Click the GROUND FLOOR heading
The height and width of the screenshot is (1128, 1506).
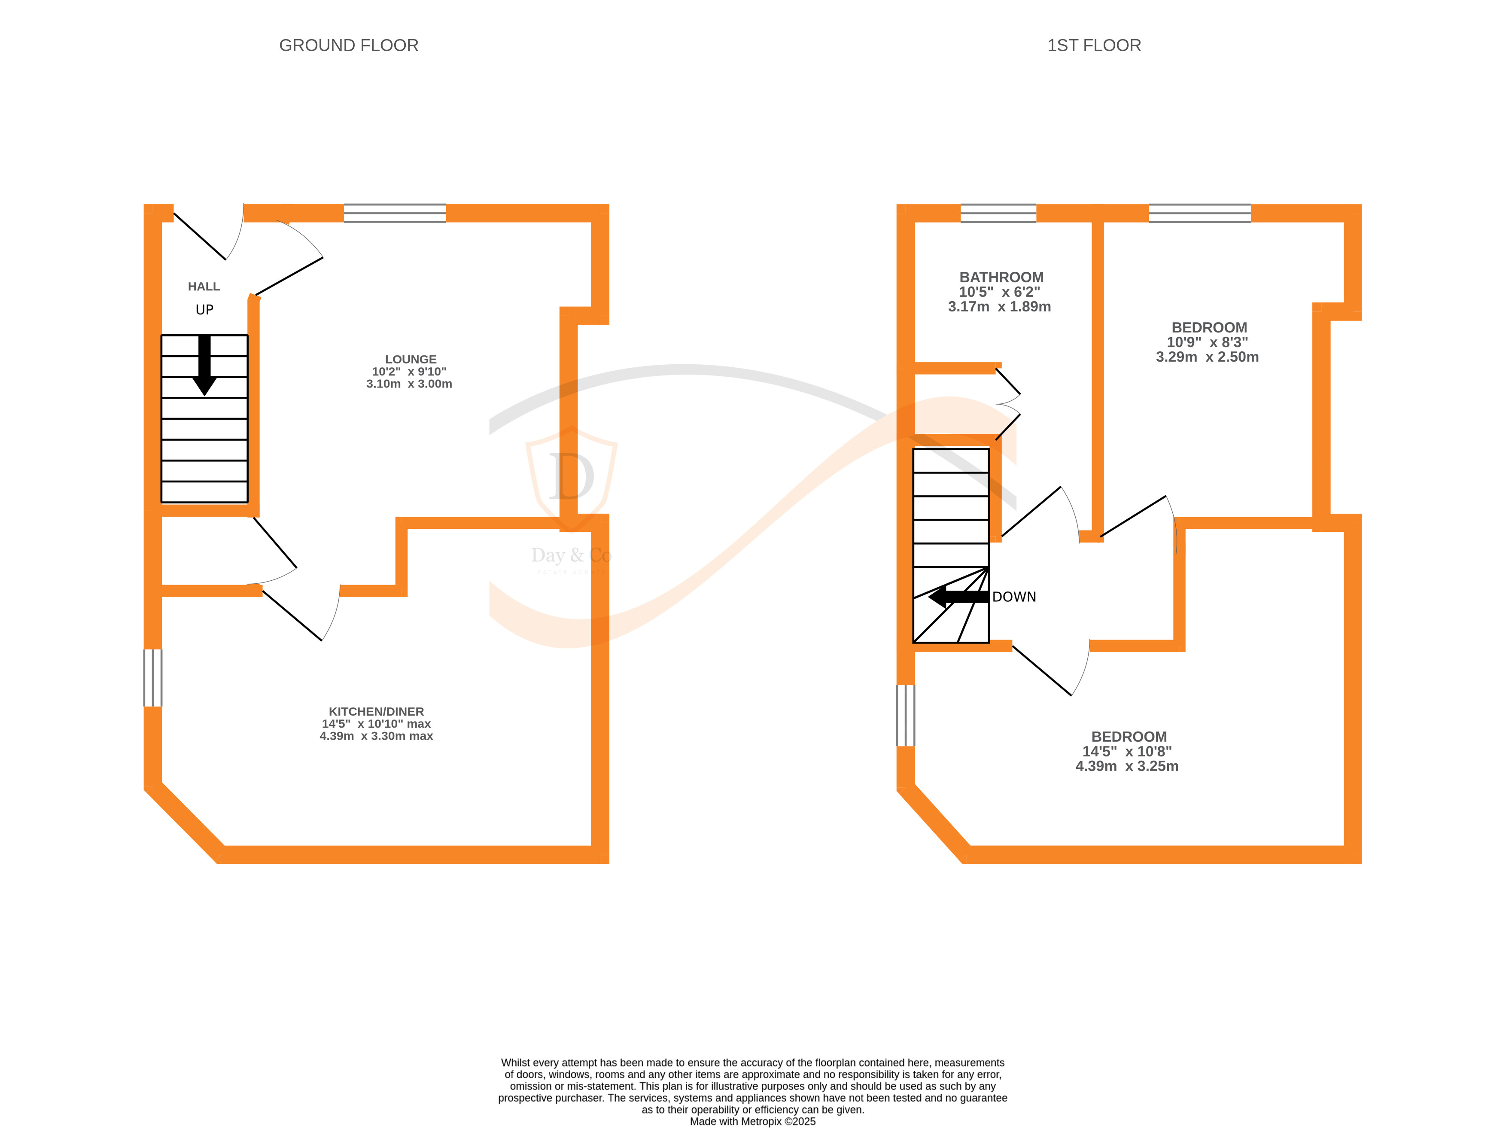click(349, 46)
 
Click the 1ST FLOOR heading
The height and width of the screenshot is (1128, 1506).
click(1093, 46)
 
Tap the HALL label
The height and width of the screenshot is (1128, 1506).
click(204, 287)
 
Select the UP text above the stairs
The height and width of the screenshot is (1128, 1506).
click(204, 310)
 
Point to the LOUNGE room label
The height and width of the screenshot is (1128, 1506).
click(411, 359)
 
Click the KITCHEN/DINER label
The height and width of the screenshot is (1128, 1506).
click(376, 711)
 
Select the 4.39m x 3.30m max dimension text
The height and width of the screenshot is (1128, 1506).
click(376, 736)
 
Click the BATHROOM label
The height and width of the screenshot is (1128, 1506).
click(1001, 277)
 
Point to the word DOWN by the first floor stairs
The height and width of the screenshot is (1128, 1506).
click(1014, 597)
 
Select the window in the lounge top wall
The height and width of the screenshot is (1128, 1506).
click(395, 213)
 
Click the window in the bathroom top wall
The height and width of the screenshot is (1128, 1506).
click(998, 213)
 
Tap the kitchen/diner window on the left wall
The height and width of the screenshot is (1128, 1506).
click(152, 678)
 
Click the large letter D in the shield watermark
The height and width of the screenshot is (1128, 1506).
click(571, 477)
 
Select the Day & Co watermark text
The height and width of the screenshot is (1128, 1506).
click(571, 556)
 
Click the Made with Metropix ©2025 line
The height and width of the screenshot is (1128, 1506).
click(752, 1121)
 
